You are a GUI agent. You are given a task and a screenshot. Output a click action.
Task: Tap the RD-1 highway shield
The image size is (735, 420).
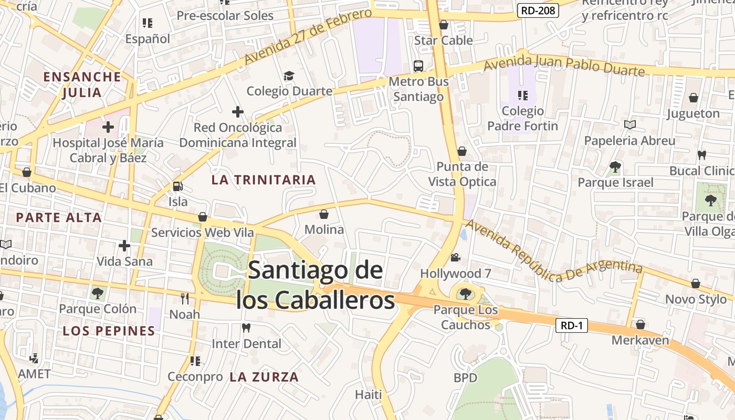click(572, 325)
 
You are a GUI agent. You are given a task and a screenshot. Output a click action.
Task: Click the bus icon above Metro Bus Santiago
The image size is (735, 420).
click(418, 66)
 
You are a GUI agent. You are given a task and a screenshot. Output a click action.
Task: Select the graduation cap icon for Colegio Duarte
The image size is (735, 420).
click(289, 76)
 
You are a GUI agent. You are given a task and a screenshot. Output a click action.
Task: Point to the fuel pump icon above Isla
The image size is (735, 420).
click(178, 186)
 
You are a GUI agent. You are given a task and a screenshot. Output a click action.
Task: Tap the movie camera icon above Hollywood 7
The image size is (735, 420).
click(455, 258)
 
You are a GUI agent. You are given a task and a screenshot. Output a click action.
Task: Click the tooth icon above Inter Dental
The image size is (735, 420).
click(246, 328)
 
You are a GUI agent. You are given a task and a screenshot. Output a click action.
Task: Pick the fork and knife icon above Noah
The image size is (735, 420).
click(184, 299)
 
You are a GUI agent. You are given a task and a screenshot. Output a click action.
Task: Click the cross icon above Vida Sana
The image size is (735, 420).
click(124, 245)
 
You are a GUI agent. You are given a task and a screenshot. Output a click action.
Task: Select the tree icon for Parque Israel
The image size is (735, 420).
click(615, 167)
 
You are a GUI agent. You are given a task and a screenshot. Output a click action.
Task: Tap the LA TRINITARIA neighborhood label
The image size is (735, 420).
click(264, 180)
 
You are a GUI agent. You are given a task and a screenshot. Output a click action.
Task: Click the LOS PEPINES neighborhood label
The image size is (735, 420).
click(109, 331)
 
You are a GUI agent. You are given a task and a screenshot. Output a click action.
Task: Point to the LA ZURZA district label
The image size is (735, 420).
click(264, 376)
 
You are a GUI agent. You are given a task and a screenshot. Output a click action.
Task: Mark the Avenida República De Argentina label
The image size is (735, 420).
click(554, 250)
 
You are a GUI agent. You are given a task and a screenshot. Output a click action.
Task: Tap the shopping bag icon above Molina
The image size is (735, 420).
click(324, 214)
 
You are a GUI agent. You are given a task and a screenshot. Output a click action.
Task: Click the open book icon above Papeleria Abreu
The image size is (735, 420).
click(630, 125)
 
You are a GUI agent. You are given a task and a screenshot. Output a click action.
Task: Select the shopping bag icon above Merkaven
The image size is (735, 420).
click(640, 324)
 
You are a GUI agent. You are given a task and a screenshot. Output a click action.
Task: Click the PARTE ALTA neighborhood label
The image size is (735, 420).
click(59, 217)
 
